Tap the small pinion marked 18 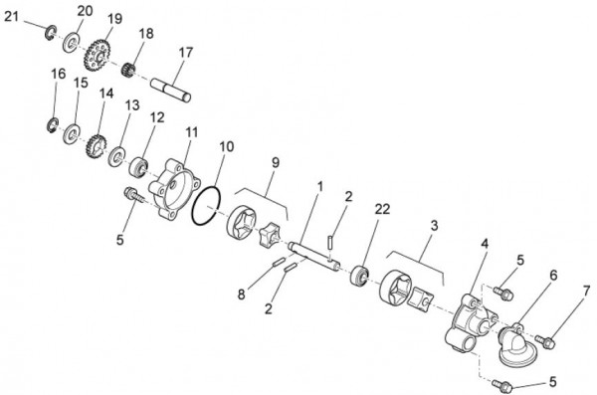[x=127, y=70]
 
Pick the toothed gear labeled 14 [x=96, y=147]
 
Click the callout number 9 [x=275, y=162]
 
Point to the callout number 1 [x=319, y=186]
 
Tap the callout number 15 [x=80, y=86]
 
